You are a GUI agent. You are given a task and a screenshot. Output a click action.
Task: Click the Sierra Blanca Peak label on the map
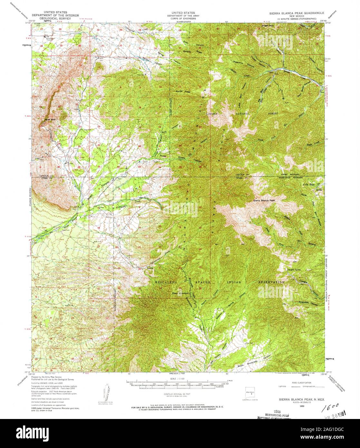click(x=265, y=200)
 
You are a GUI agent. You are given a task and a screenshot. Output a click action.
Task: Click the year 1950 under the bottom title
click(x=293, y=406)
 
